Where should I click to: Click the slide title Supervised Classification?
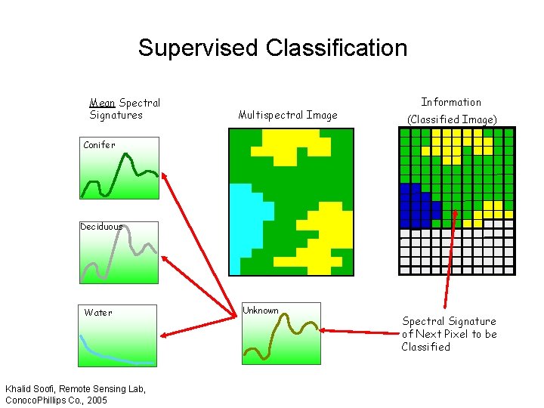[x=272, y=48]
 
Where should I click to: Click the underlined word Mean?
[x=102, y=103]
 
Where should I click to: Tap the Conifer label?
[x=99, y=145]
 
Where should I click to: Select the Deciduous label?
[x=101, y=226]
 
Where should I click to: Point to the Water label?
[x=98, y=313]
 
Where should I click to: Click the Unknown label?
[x=261, y=311]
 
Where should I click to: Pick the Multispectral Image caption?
[x=287, y=116]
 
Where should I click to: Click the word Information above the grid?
[x=451, y=102]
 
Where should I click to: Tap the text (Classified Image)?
[x=452, y=119]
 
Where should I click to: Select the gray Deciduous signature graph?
[x=119, y=253]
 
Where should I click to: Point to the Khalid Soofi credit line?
[x=76, y=388]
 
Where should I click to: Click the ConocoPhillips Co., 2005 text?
[x=56, y=400]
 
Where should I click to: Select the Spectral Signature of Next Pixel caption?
[x=449, y=334]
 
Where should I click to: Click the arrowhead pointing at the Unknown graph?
[x=324, y=329]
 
